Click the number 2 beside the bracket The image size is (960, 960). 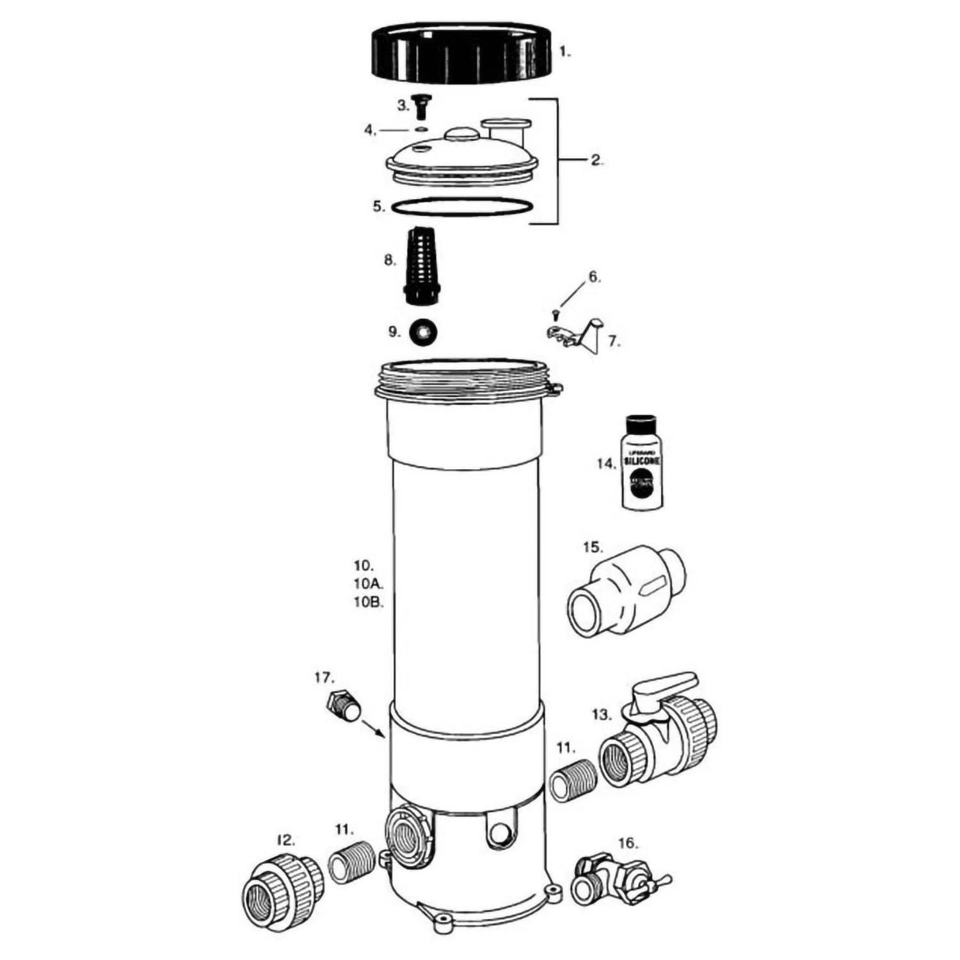(596, 160)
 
